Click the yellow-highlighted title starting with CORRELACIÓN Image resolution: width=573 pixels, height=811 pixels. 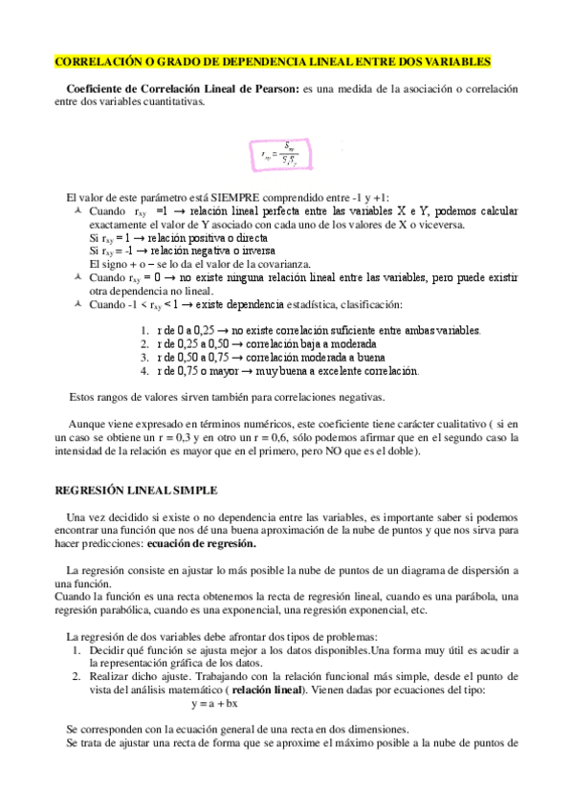[x=273, y=61]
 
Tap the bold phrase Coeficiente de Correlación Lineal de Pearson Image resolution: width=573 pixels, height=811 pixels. [x=183, y=89]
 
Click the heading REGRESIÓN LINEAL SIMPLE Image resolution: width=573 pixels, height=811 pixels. [x=135, y=490]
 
